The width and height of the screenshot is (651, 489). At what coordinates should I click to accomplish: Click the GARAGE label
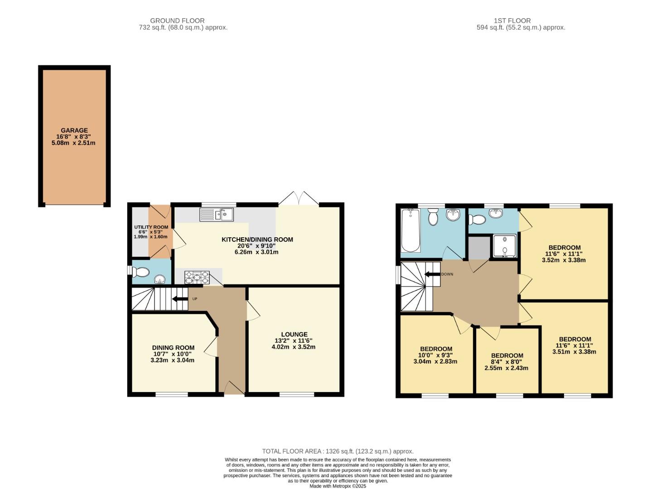[x=74, y=130]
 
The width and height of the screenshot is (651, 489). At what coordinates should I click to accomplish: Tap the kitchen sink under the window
[x=217, y=214]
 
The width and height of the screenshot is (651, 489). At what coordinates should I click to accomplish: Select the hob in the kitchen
[x=197, y=277]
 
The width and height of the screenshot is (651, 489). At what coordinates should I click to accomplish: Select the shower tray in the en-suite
[x=504, y=246]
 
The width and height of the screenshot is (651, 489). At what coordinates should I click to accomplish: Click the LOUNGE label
[x=294, y=335]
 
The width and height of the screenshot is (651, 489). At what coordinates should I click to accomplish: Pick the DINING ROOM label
[x=173, y=348]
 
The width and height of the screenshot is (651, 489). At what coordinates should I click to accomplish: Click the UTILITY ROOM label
[x=151, y=227]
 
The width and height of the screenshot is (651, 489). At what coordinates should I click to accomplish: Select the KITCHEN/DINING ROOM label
[x=257, y=240]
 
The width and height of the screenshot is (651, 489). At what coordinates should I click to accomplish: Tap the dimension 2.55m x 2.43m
[x=506, y=368]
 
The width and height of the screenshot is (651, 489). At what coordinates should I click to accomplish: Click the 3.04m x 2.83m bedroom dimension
[x=435, y=361]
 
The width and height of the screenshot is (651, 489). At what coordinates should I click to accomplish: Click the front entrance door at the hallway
[x=234, y=388]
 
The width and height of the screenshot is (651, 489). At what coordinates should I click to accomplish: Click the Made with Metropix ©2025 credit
[x=338, y=486]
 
